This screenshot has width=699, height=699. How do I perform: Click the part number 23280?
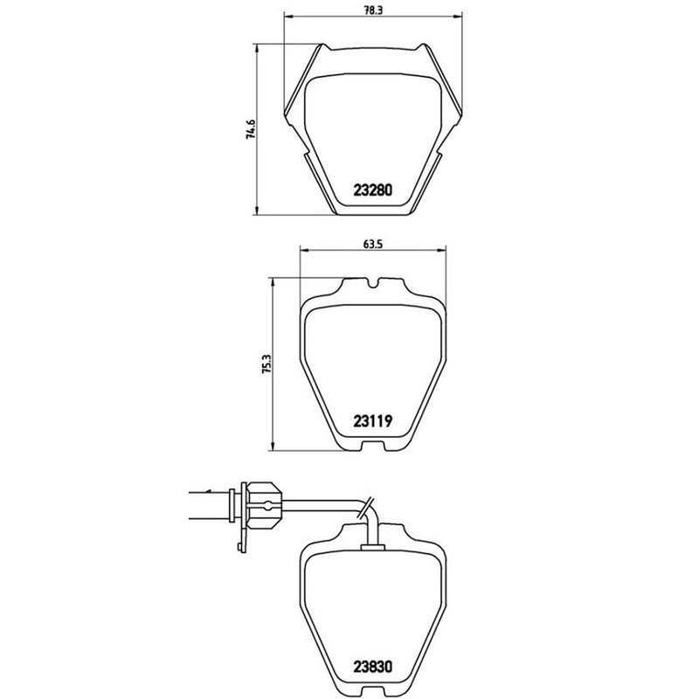tap(376, 190)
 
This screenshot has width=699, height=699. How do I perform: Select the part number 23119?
tap(376, 421)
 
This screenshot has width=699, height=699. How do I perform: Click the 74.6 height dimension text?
tap(251, 129)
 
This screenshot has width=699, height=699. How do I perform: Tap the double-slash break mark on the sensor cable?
tap(371, 502)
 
